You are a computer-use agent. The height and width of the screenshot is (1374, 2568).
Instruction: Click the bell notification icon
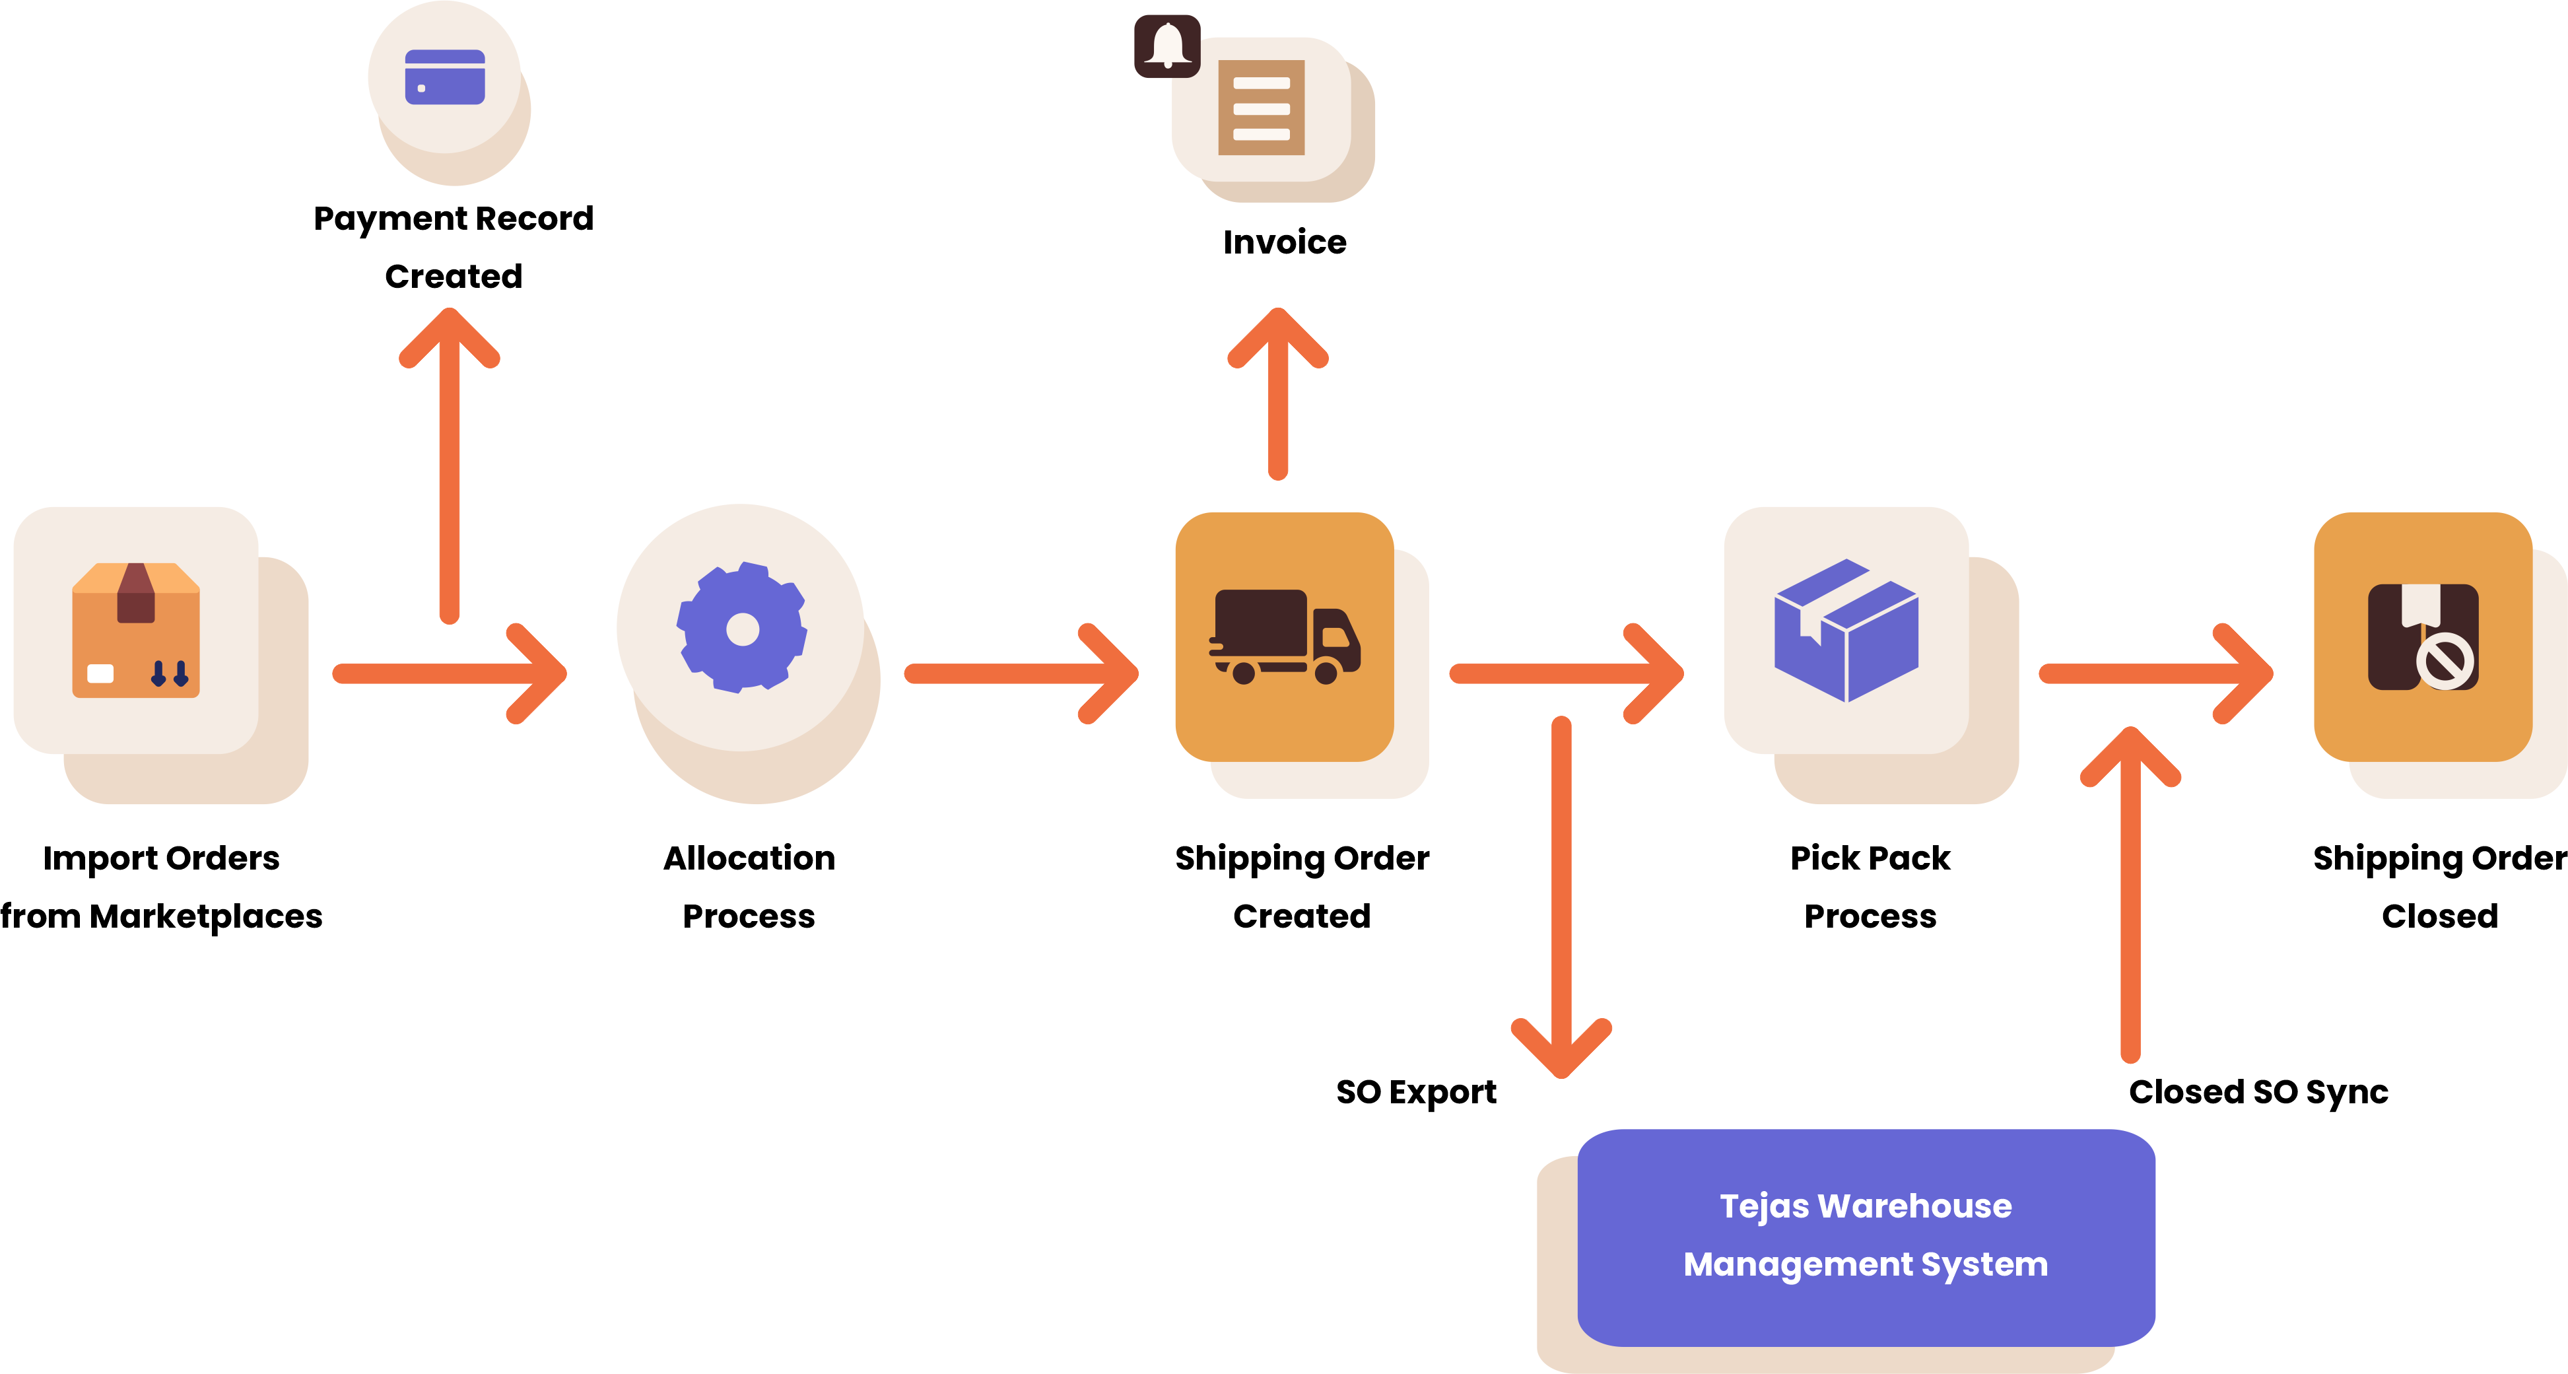[1166, 46]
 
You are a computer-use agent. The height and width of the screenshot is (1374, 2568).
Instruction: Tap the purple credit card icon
[445, 77]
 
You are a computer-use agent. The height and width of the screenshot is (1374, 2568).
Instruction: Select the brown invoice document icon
[1261, 108]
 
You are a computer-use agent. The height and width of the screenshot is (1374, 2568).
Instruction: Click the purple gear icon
[742, 628]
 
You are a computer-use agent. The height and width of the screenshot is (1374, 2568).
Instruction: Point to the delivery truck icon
[1284, 635]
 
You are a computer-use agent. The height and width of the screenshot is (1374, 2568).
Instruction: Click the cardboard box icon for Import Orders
[135, 630]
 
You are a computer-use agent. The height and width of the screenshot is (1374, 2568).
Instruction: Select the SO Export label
[1415, 1092]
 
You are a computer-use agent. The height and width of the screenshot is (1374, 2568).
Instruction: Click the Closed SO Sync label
[2258, 1092]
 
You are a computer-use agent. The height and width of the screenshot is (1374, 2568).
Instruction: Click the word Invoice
[1284, 242]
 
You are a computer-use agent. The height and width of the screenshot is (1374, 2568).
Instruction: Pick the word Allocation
[749, 858]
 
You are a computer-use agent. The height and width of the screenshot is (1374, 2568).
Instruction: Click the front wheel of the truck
[1326, 673]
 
